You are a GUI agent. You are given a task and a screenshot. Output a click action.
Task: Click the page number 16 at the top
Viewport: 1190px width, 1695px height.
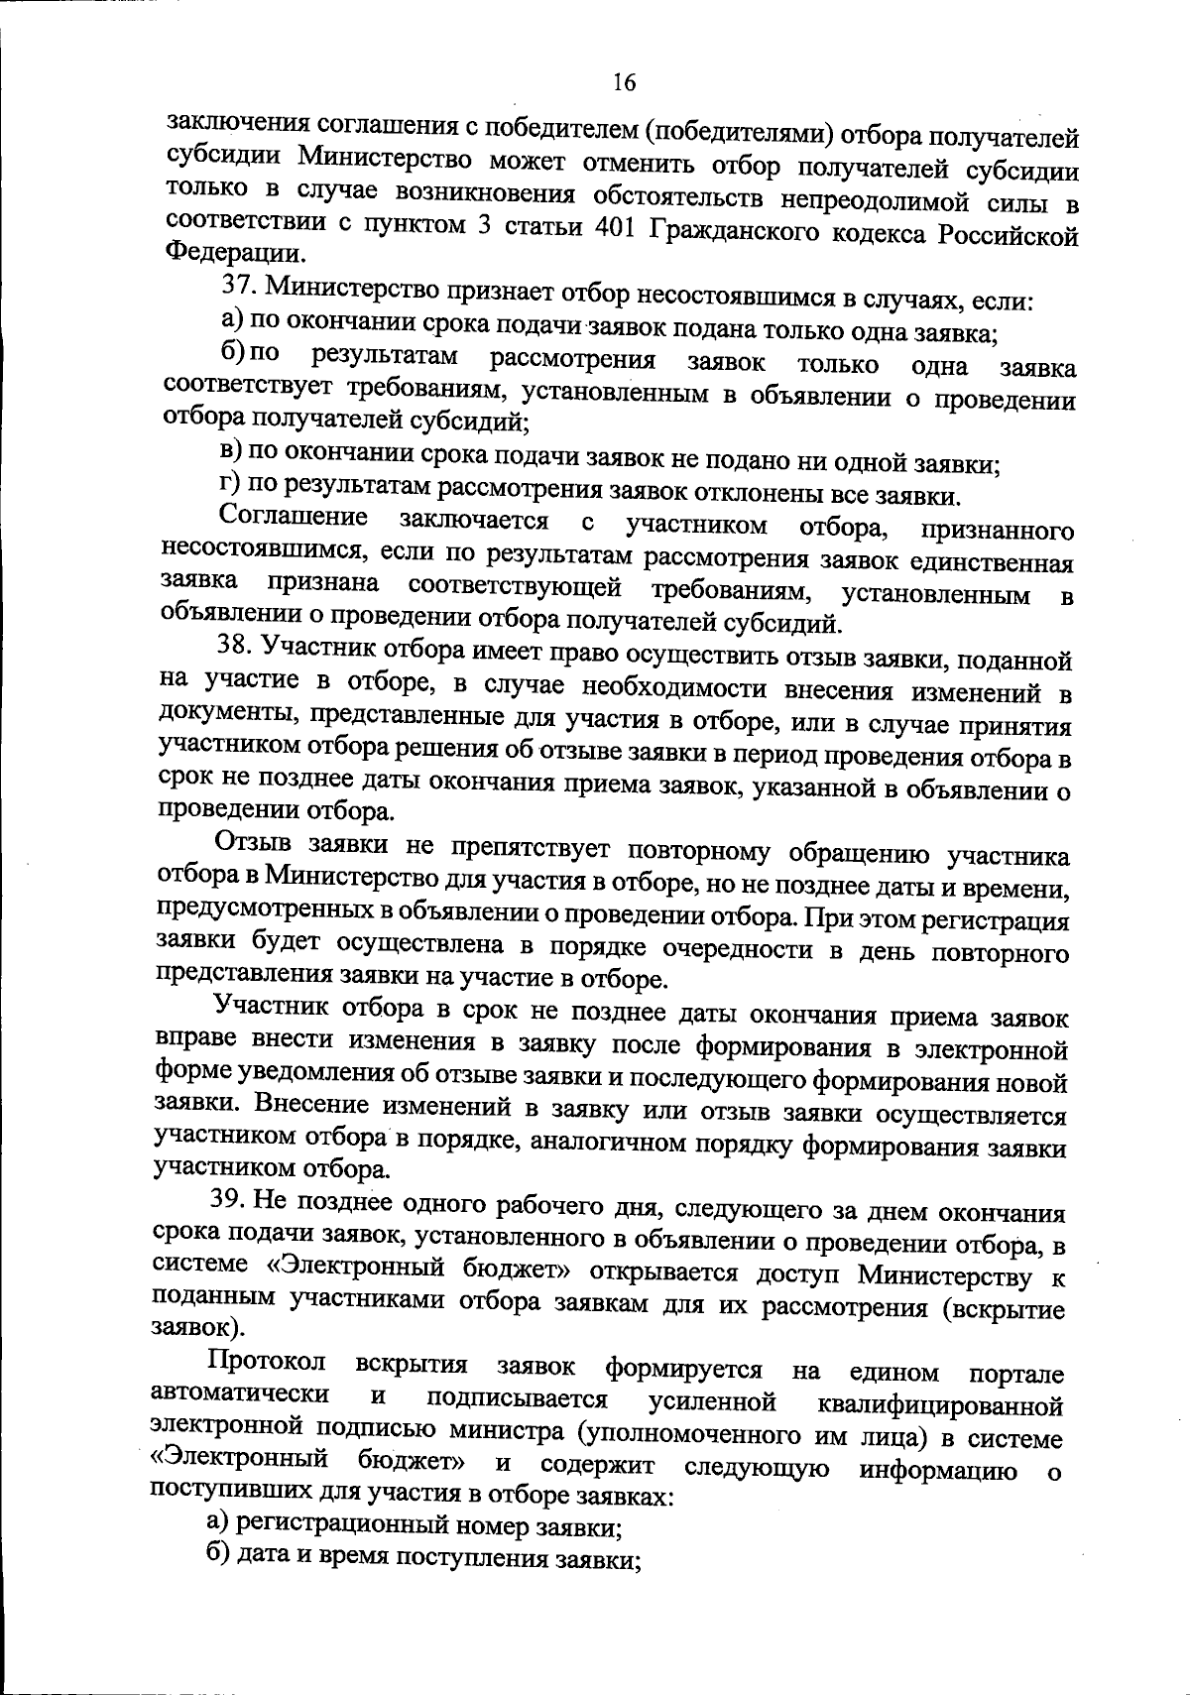(x=624, y=82)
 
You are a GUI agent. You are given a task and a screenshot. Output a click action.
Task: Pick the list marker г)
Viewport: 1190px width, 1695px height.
(x=231, y=486)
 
